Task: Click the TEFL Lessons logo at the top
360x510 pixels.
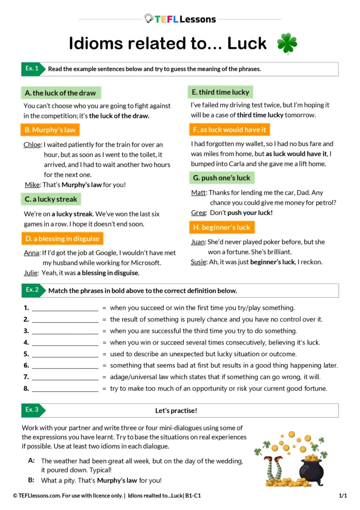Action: pyautogui.click(x=180, y=19)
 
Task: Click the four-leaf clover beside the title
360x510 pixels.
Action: pyautogui.click(x=286, y=44)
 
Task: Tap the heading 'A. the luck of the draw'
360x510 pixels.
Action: pyautogui.click(x=60, y=93)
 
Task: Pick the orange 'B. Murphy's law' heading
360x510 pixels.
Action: pyautogui.click(x=50, y=130)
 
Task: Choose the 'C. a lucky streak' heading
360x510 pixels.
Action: pyautogui.click(x=51, y=199)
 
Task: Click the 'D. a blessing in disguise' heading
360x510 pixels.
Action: pyautogui.click(x=62, y=239)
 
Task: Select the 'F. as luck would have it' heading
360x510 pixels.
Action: pyautogui.click(x=229, y=129)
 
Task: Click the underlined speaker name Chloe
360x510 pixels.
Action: pyautogui.click(x=32, y=145)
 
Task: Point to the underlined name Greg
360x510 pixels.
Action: pyautogui.click(x=198, y=213)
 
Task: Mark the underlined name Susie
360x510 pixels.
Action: pyautogui.click(x=198, y=262)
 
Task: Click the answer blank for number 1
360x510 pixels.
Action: pyautogui.click(x=65, y=309)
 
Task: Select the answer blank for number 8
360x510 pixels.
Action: pyautogui.click(x=65, y=389)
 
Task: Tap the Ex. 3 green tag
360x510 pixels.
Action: pyautogui.click(x=32, y=410)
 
